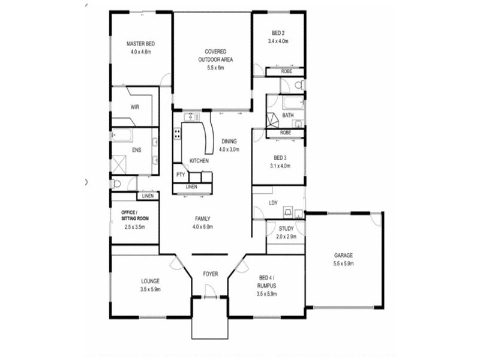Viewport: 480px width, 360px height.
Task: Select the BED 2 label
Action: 278,33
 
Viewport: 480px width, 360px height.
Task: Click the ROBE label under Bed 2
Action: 286,71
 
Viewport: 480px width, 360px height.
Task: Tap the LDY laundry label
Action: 274,203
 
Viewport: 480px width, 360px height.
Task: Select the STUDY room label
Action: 286,229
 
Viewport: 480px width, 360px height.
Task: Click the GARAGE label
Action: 344,255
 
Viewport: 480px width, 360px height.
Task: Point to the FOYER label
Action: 210,274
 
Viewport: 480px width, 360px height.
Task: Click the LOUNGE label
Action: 150,280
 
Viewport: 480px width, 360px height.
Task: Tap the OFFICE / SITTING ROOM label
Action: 135,215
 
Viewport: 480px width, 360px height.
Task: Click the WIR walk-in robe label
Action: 135,107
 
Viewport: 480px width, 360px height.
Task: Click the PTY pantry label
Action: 180,175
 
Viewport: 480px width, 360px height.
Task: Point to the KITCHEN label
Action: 199,161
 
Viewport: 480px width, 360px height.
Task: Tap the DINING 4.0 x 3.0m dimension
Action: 229,149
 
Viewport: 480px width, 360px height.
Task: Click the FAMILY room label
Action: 202,218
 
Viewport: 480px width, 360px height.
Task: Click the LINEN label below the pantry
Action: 191,187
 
